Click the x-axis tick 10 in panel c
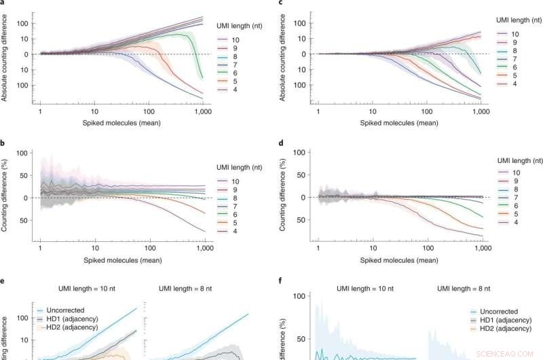pos(371,111)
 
